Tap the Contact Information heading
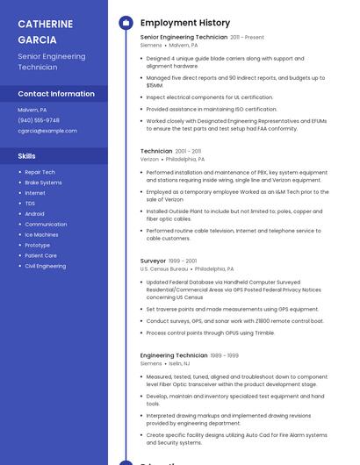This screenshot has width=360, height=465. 56,94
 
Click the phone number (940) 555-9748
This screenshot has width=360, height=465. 39,120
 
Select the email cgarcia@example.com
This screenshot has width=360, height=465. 47,131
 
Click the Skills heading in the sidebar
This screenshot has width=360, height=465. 27,156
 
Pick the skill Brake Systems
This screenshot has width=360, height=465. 43,182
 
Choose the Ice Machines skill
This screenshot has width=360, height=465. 41,234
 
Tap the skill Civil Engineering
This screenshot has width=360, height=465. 45,266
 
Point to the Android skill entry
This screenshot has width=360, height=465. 34,213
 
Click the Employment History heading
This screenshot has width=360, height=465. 185,23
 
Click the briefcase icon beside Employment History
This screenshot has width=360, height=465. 126,23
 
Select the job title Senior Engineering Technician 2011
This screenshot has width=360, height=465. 184,38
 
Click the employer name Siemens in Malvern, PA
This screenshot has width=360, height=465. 151,45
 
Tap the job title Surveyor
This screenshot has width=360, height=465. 153,261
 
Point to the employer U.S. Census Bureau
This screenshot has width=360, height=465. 162,268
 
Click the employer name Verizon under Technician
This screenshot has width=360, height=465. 150,160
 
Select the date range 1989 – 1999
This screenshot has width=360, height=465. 224,355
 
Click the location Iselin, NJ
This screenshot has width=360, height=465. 180,363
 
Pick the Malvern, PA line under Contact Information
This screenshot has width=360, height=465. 32,110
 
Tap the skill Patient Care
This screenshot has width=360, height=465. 40,255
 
